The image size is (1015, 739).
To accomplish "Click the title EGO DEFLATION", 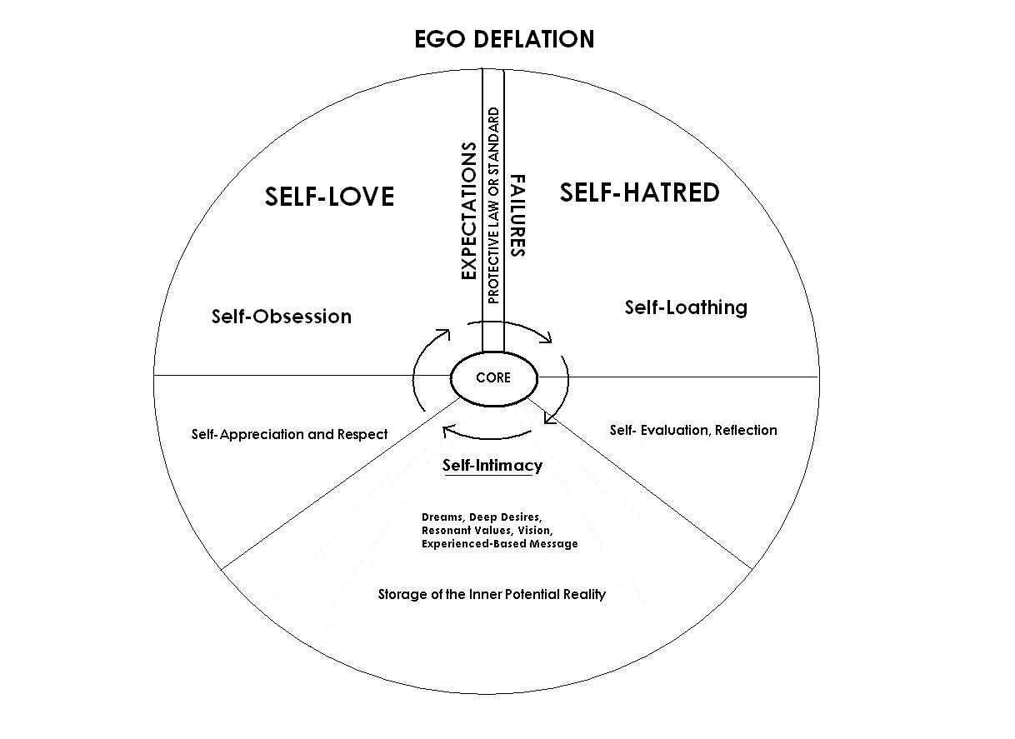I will point(504,39).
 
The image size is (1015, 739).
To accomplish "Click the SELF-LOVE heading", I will point(329,197).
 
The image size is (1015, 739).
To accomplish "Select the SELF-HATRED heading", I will point(639,192).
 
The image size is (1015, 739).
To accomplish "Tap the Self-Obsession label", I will point(281,317).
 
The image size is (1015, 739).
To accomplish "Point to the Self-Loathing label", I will point(686,307).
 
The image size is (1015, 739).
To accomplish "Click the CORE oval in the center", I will point(493,377).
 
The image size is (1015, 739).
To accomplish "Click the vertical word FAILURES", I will point(517,215).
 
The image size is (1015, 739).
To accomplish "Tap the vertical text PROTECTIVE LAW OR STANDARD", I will point(493,205).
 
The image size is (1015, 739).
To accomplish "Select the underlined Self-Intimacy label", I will point(492,465).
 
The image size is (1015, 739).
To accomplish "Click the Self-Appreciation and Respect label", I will point(289,434).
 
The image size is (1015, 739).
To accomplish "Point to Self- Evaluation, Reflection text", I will point(693,430).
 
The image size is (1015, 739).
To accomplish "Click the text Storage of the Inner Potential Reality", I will point(492,594).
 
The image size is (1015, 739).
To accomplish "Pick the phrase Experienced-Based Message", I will point(499,543).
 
